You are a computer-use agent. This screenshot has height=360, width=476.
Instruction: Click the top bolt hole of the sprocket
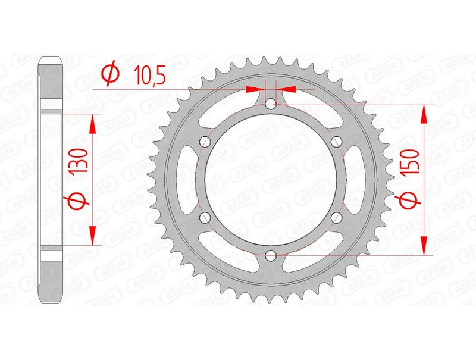coord(271,105)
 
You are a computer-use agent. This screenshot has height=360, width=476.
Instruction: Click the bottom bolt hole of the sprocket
coord(271,255)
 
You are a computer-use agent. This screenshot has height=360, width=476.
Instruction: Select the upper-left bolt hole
coord(206,142)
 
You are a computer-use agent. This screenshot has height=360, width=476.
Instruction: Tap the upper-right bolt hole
coord(337,142)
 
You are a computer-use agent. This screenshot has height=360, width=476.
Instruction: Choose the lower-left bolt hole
coord(206,217)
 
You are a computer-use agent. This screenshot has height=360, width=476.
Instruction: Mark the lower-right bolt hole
coord(337,217)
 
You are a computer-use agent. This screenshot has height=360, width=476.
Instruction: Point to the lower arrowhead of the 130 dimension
coord(92,235)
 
